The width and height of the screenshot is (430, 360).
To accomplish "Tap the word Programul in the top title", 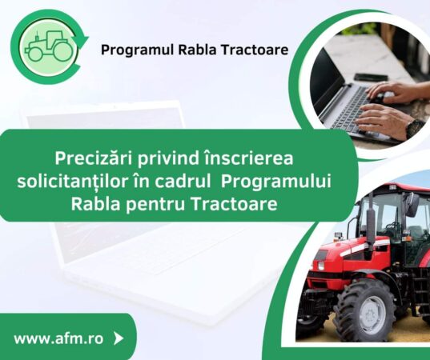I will click(x=132, y=50).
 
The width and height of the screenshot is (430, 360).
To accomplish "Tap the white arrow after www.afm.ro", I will click(x=119, y=338).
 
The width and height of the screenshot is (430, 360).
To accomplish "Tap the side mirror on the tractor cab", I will click(x=411, y=206).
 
